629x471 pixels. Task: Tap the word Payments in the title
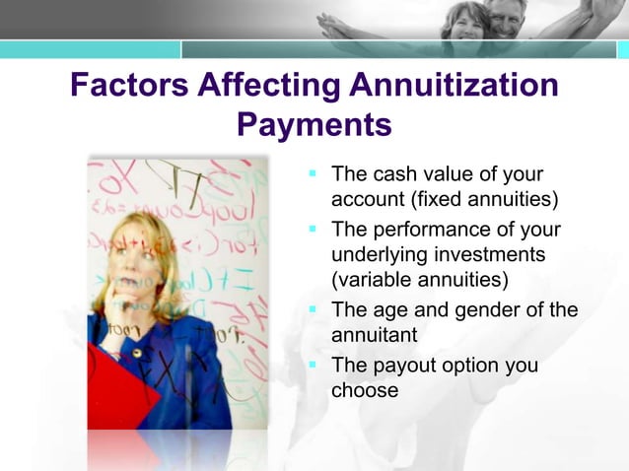pyautogui.click(x=314, y=126)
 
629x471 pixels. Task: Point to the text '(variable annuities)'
pyautogui.click(x=419, y=281)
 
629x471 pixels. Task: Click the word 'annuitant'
pyautogui.click(x=375, y=335)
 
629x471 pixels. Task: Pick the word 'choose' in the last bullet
pyautogui.click(x=365, y=390)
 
